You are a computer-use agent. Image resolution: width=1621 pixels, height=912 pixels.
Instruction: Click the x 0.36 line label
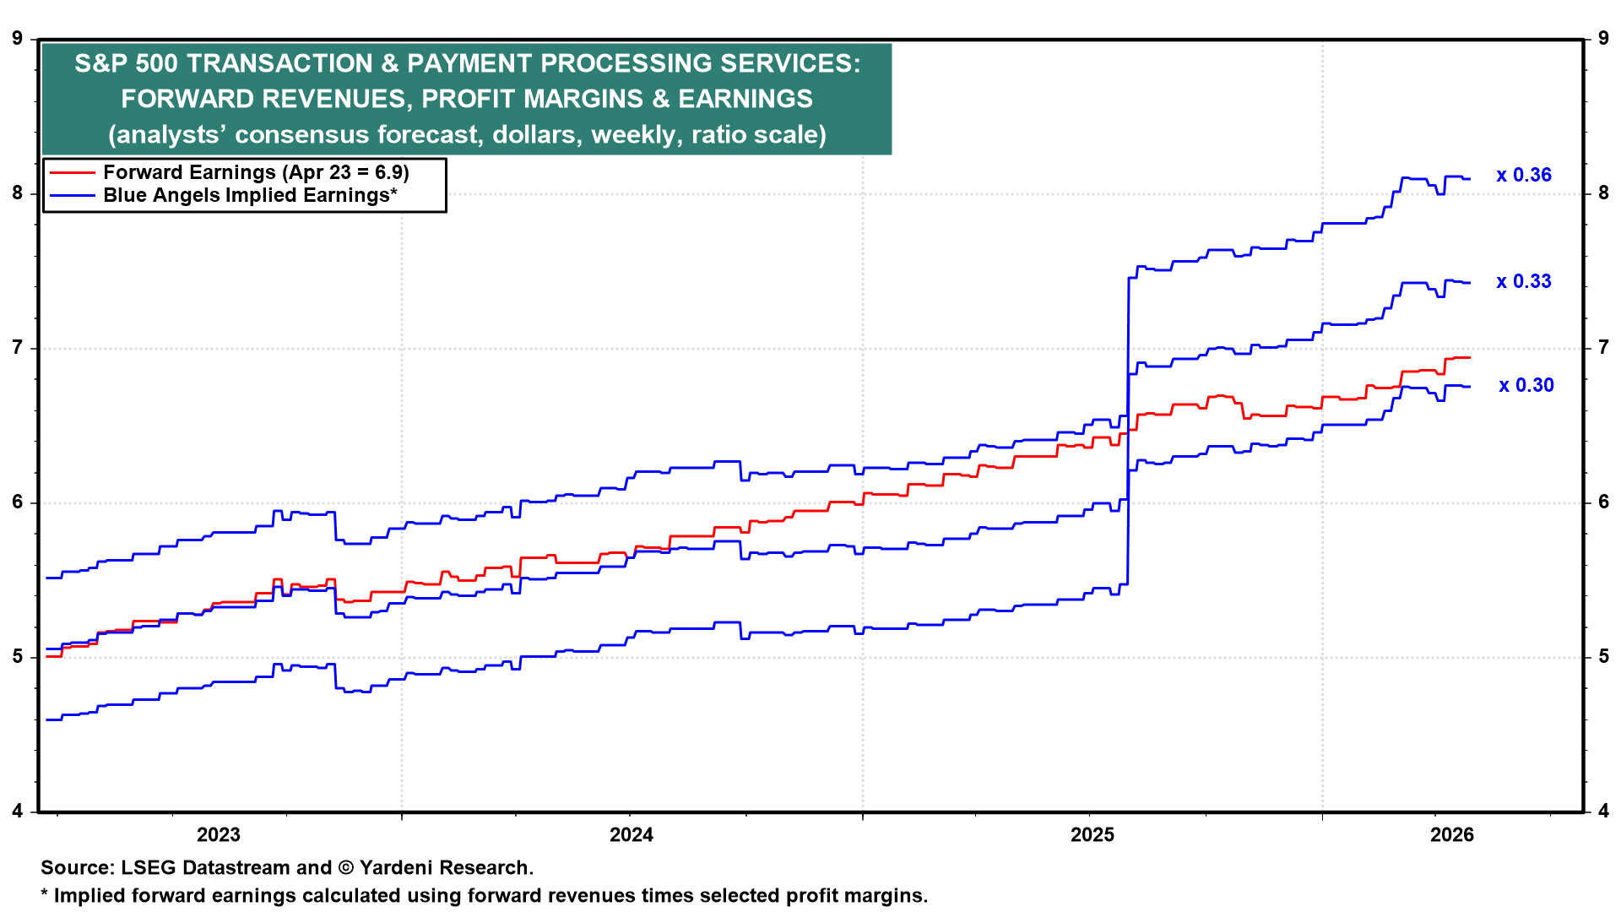(x=1523, y=175)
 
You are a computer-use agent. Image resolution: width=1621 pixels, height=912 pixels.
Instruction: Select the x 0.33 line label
(x=1523, y=281)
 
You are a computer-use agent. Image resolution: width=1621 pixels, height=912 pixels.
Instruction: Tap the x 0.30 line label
(x=1526, y=385)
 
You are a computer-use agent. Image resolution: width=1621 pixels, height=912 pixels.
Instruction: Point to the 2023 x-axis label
(x=218, y=834)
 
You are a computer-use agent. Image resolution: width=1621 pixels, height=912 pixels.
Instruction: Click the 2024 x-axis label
(x=632, y=834)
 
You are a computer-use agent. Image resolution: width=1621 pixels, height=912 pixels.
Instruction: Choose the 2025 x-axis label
(x=1092, y=834)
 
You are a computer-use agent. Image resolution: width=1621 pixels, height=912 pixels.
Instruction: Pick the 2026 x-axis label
(x=1451, y=834)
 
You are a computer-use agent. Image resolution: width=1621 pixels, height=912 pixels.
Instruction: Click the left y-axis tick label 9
(x=18, y=38)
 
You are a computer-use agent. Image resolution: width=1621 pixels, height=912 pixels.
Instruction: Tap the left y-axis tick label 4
(x=18, y=811)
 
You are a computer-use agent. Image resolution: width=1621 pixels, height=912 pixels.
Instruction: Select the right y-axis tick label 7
(x=1603, y=347)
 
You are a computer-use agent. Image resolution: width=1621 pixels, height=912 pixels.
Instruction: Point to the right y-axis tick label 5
(x=1603, y=656)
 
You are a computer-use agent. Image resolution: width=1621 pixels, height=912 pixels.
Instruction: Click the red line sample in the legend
(x=72, y=172)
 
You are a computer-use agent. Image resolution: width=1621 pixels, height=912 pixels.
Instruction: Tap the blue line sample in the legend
(x=72, y=195)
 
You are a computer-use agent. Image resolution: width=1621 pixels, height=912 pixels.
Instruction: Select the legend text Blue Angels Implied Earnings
(x=246, y=195)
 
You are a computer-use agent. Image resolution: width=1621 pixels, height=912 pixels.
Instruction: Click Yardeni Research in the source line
(x=445, y=867)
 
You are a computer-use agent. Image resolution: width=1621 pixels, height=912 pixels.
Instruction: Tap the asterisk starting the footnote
(x=45, y=893)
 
